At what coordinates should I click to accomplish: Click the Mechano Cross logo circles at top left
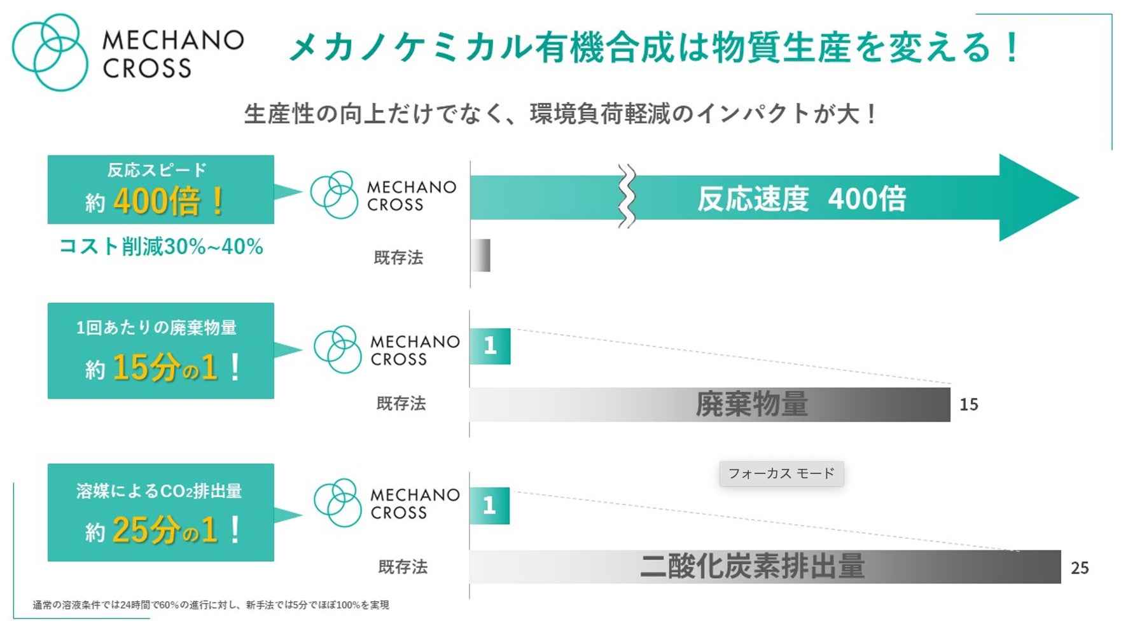point(50,52)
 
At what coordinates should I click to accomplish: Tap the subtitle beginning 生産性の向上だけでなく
point(560,114)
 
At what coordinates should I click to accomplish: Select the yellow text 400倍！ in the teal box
point(169,201)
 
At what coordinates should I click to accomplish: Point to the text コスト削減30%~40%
point(161,246)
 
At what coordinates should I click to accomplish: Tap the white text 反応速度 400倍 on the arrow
point(802,198)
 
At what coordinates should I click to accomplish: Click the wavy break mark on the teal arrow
point(627,197)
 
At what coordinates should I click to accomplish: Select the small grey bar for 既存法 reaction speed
point(481,255)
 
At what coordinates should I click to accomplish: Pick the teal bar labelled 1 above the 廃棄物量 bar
point(490,346)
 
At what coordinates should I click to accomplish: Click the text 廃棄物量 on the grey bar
point(751,404)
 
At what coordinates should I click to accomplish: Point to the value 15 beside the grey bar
point(968,405)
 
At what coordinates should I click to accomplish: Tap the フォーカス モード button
point(781,473)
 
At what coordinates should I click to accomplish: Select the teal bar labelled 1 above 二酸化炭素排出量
point(489,506)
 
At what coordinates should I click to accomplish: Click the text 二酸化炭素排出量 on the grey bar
point(752,566)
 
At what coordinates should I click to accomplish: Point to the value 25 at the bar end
point(1080,567)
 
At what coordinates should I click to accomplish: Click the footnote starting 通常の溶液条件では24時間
point(211,604)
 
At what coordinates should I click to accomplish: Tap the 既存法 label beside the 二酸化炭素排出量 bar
point(403,566)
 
